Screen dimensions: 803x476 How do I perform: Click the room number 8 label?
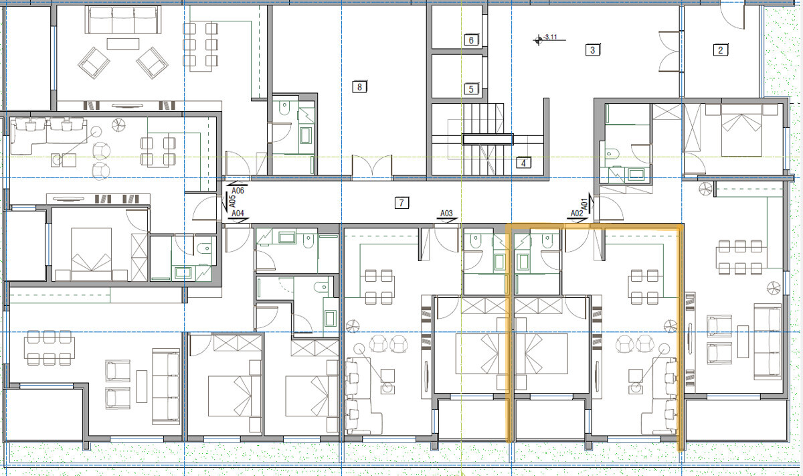point(359,87)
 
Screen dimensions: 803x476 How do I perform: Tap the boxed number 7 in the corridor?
point(401,203)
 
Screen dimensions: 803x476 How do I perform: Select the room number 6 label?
point(471,39)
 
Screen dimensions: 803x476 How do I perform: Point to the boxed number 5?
point(471,89)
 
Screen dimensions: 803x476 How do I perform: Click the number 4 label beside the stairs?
point(523,163)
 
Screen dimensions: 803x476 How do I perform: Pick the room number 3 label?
point(593,50)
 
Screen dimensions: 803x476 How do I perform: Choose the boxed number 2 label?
point(721,50)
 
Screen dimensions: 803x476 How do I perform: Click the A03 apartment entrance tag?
point(446,214)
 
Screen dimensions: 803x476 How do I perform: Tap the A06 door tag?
point(238,191)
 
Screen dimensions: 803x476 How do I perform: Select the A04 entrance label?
point(238,214)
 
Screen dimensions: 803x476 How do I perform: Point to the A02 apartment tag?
point(577,214)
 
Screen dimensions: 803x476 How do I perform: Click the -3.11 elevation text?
point(550,37)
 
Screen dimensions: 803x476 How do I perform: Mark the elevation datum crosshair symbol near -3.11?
point(538,40)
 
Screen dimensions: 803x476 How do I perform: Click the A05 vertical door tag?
point(232,201)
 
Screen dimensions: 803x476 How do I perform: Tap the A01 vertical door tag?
point(585,204)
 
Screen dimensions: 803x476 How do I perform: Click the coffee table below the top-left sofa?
point(123,44)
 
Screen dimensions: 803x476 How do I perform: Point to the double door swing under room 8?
point(372,166)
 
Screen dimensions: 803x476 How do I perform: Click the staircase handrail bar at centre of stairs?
point(488,139)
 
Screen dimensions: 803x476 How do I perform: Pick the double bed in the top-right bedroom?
point(741,131)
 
